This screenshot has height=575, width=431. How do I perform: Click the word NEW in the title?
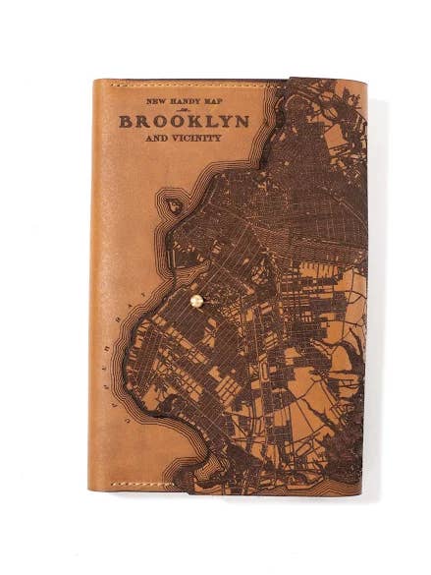click(154, 100)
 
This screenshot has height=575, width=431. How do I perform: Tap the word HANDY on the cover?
click(179, 100)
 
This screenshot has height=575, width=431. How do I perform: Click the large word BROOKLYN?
click(184, 121)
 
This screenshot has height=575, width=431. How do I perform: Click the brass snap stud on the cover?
click(195, 302)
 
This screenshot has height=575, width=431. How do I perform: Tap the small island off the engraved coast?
click(174, 204)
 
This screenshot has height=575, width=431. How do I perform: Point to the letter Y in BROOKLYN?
click(225, 121)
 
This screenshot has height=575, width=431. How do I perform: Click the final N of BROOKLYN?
click(241, 121)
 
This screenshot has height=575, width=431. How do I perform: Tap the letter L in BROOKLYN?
click(209, 121)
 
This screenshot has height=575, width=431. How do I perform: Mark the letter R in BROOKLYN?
click(142, 121)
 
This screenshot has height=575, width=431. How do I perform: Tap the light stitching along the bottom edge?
click(147, 482)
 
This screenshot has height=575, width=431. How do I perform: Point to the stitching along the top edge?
click(187, 86)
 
